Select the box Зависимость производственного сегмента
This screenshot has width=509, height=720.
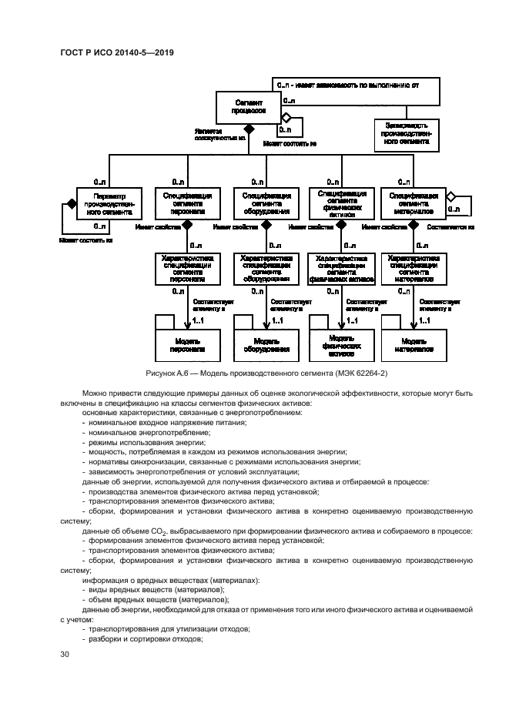point(407,132)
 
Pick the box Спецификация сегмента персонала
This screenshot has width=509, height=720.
point(186,203)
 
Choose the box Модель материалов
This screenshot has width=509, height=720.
point(414,344)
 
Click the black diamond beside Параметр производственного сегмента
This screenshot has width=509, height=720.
point(71,203)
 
